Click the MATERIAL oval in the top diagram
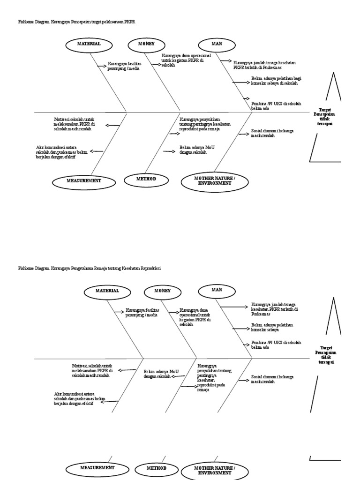(89, 44)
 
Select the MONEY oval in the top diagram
(146, 44)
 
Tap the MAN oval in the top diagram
(217, 44)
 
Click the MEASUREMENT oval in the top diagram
(83, 180)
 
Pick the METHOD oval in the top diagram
(146, 180)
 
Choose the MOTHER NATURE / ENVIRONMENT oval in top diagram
(214, 181)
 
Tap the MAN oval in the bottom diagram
(217, 290)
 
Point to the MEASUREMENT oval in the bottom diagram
(97, 468)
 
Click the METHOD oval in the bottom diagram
(157, 468)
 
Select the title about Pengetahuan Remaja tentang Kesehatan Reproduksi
(89, 268)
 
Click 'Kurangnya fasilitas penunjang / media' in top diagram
(124, 66)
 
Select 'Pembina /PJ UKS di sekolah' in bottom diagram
(276, 345)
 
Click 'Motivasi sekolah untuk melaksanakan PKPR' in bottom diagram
(93, 370)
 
